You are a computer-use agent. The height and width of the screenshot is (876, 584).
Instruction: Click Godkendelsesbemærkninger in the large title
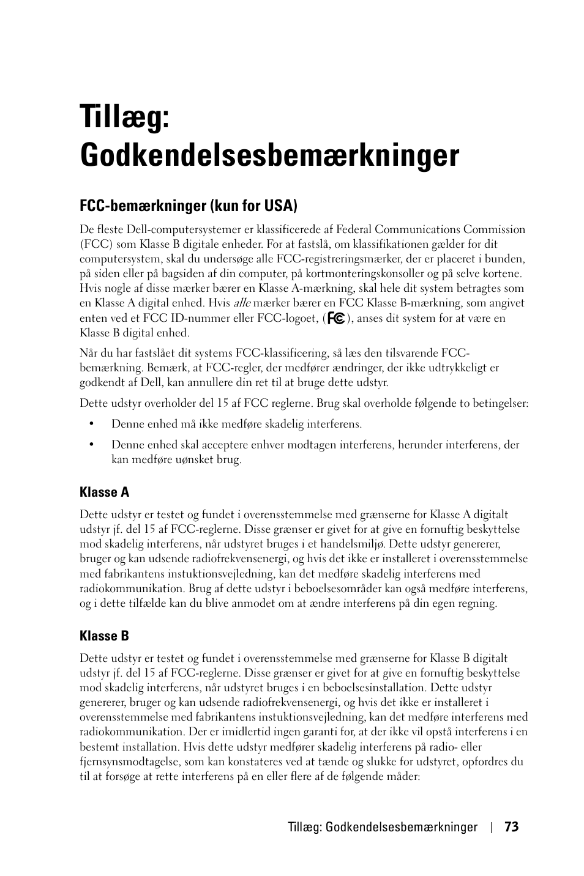(269, 155)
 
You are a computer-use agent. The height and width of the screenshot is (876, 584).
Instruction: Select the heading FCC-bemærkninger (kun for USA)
(189, 206)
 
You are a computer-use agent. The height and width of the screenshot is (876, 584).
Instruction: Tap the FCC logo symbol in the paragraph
(336, 318)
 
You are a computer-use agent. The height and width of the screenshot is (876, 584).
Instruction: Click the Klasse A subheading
(104, 492)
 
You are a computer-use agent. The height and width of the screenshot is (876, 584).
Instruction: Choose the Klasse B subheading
(104, 636)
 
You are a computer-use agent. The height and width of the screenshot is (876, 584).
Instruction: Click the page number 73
(511, 827)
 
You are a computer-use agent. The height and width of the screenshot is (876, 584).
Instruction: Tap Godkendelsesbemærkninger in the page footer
(402, 827)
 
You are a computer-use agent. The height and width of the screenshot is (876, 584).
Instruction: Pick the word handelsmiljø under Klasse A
(353, 544)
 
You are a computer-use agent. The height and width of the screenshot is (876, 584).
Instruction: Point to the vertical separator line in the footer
(491, 828)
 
